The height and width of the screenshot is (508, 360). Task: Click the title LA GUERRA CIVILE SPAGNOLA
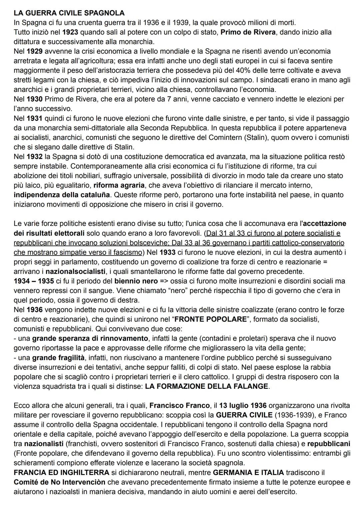point(69,13)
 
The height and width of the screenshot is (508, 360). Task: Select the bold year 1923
point(70,32)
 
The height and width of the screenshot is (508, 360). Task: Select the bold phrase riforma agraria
point(119,185)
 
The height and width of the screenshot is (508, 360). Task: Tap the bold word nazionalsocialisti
point(73,271)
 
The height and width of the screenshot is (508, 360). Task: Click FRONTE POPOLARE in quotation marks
point(211,319)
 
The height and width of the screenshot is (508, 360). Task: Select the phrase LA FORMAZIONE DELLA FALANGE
point(207,386)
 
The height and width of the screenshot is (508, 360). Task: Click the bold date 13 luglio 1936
point(243,405)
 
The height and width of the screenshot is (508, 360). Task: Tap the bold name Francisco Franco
point(180,405)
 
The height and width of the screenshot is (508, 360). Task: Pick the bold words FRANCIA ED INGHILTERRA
point(61,473)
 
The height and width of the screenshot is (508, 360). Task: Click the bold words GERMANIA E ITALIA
point(248,473)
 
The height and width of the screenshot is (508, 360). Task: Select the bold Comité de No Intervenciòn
point(59,482)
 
